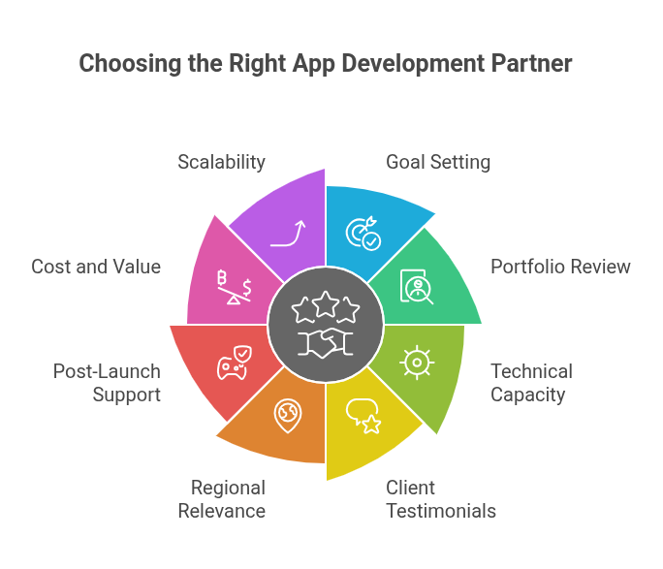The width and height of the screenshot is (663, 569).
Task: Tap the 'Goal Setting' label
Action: [x=438, y=162]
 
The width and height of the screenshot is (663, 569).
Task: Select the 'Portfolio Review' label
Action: [x=560, y=267]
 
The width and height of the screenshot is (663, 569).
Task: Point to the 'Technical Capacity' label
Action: [x=531, y=383]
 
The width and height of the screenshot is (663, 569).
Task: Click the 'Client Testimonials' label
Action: [x=441, y=498]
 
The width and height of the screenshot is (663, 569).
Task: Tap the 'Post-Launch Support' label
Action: [x=107, y=383]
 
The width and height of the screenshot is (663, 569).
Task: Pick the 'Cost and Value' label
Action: [x=96, y=267]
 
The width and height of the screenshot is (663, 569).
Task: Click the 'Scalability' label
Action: [x=221, y=162]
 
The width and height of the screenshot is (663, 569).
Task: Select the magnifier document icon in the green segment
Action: [x=417, y=287]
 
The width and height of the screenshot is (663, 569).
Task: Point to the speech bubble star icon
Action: [x=363, y=416]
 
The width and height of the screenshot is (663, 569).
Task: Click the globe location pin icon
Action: [x=288, y=414]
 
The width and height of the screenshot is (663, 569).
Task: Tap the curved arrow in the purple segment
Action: [x=288, y=234]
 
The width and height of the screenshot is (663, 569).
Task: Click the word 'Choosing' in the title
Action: [x=123, y=64]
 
